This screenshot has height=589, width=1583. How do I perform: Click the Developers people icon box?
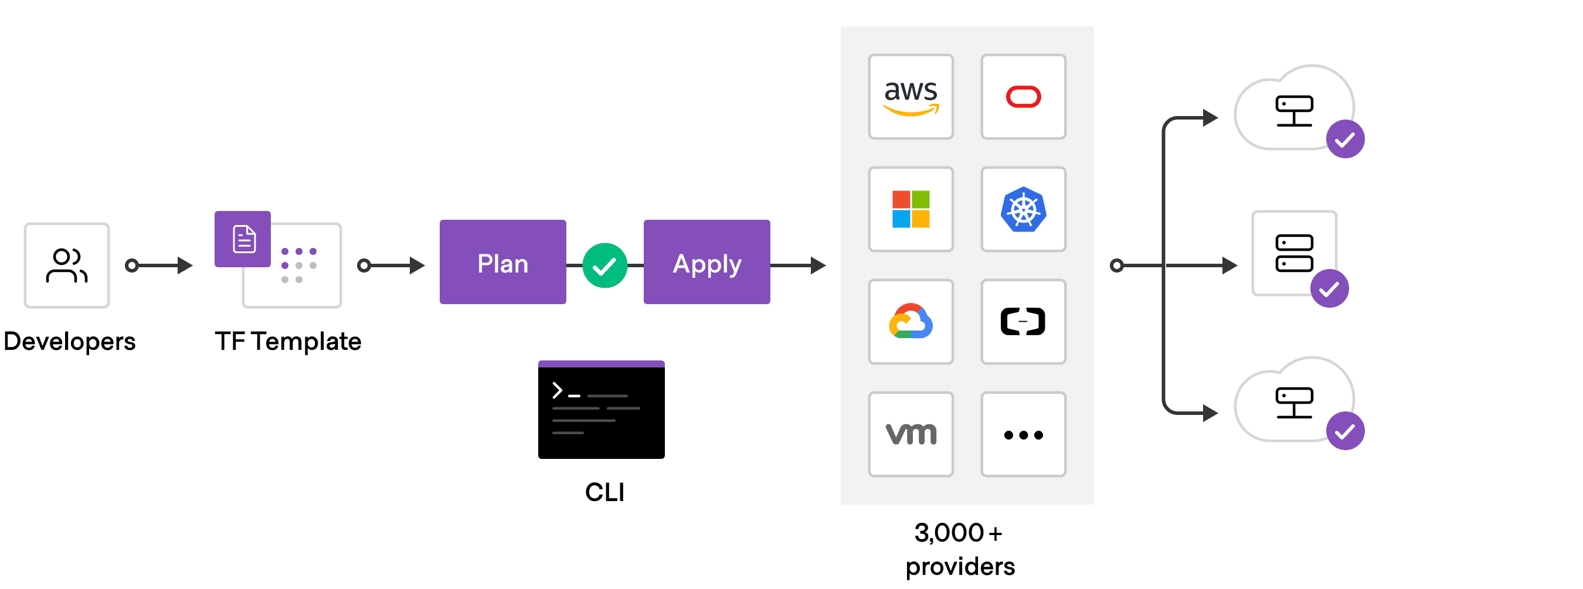tap(66, 265)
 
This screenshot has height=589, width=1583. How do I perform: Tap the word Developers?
tap(69, 342)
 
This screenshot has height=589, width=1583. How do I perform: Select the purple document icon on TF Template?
tap(243, 240)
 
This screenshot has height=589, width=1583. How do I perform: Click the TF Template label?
tap(288, 342)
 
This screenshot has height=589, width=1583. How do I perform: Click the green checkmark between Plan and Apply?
tap(604, 265)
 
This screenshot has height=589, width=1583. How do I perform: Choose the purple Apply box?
tap(706, 262)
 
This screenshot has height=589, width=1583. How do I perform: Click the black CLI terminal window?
tap(601, 410)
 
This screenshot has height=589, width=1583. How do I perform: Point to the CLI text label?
tap(604, 492)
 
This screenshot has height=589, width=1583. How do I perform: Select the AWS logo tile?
tap(911, 97)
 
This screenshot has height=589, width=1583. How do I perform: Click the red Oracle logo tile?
tap(1023, 97)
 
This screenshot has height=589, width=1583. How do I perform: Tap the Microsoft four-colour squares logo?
tap(911, 209)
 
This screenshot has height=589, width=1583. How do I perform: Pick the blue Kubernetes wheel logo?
tap(1023, 209)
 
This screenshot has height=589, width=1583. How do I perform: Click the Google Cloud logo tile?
tap(911, 322)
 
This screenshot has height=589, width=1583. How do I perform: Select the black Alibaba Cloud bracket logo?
tap(1023, 322)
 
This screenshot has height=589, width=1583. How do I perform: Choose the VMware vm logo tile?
tap(911, 434)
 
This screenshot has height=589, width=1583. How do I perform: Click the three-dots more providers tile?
tap(1023, 434)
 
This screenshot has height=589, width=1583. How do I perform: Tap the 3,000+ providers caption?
tap(960, 550)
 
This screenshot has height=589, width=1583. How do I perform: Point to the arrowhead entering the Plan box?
tap(417, 265)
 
